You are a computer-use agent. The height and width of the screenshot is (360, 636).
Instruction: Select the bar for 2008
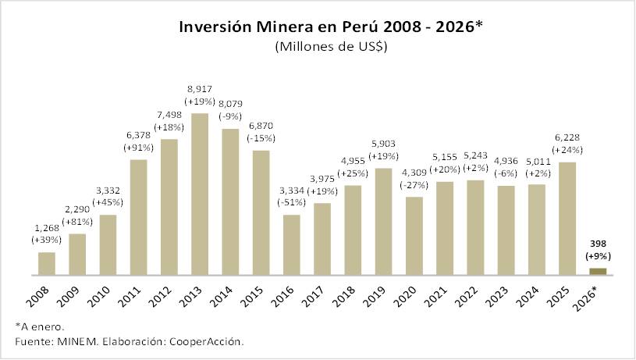point(47,263)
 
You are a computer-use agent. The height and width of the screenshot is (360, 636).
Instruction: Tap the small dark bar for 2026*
point(597,271)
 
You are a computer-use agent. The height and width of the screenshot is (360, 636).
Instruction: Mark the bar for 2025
point(567,218)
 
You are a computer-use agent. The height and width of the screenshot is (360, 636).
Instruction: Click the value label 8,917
point(200,89)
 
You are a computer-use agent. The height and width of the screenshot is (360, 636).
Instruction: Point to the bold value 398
point(597,243)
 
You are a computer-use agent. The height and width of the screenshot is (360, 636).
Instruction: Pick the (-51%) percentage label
point(292,203)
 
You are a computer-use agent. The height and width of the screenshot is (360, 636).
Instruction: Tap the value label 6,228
point(567,137)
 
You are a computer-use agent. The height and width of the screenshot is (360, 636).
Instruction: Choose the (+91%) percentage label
point(139,147)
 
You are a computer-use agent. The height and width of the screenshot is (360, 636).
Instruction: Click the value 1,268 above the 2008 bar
point(47,228)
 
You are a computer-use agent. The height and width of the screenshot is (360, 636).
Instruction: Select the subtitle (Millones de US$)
point(331,47)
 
